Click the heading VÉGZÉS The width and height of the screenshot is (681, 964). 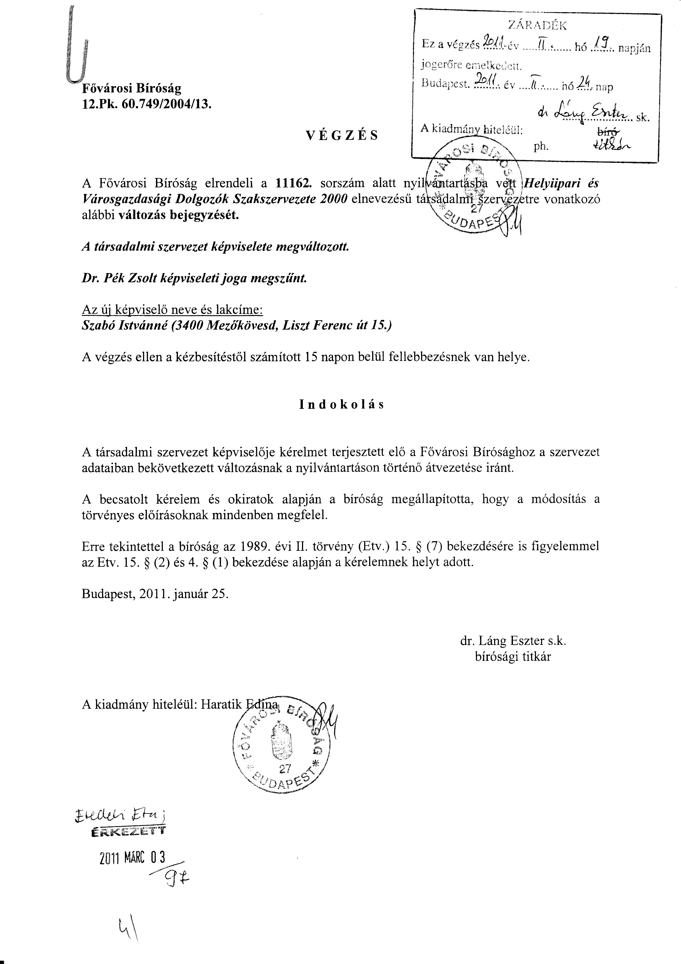(x=342, y=135)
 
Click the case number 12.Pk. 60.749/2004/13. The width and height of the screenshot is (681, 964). (x=147, y=104)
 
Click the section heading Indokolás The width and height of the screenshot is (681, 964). (x=342, y=404)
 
